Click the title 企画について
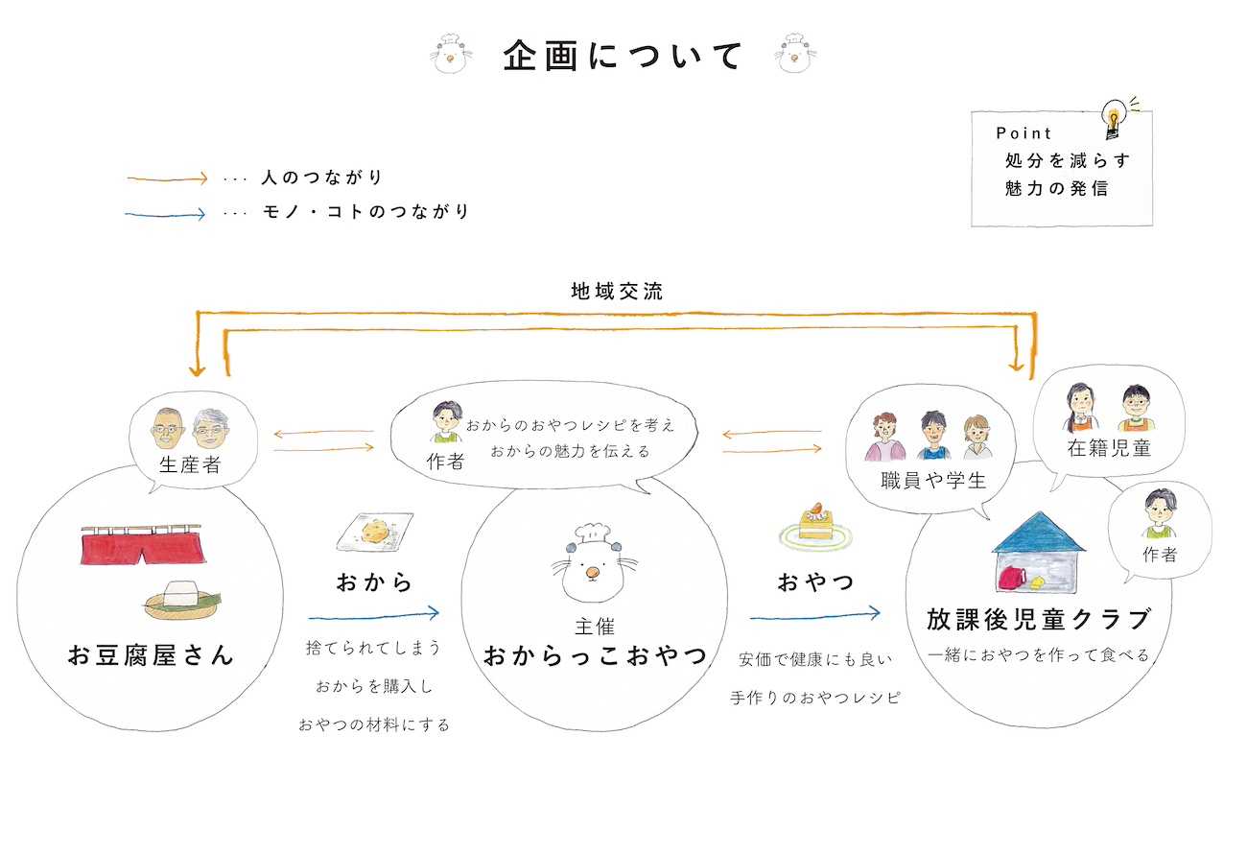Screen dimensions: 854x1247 click(623, 56)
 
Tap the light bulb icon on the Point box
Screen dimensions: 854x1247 click(1114, 118)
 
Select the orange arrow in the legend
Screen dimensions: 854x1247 click(167, 178)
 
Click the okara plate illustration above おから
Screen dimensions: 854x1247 click(375, 532)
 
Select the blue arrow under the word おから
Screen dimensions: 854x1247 click(373, 611)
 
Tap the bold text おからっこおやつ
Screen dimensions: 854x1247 click(595, 657)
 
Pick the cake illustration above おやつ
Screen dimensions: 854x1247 click(813, 527)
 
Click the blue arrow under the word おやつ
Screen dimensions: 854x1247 click(814, 611)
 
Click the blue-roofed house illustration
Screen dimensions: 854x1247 click(1040, 557)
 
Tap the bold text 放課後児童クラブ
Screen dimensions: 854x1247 click(1038, 620)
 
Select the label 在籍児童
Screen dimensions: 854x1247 click(1108, 448)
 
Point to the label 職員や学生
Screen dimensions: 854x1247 click(933, 481)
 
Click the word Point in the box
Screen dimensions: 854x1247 click(1023, 133)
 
